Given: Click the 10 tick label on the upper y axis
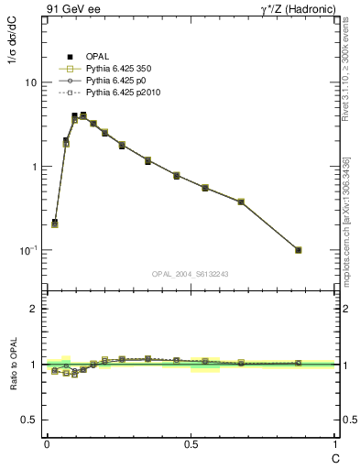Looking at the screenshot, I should tap(30, 82).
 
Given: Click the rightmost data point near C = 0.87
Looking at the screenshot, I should tap(298, 250).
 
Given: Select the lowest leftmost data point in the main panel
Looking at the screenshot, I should tap(55, 223).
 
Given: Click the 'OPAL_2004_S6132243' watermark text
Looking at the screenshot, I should tap(191, 274).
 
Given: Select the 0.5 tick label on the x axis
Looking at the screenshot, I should tap(191, 443).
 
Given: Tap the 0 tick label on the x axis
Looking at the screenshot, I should tap(46, 443).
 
